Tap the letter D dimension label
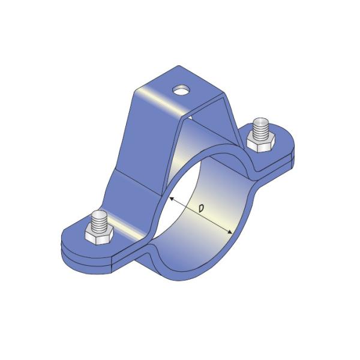click(x=202, y=208)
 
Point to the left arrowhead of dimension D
click(x=171, y=199)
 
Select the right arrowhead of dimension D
click(x=231, y=232)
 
